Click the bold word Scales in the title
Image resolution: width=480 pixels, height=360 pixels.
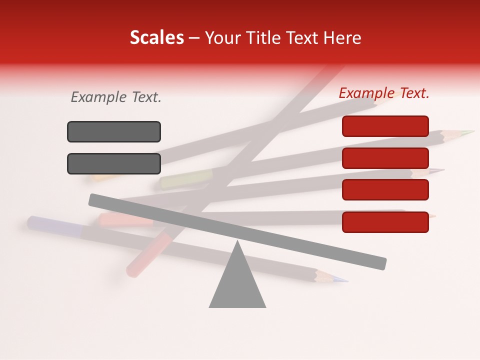click(156, 37)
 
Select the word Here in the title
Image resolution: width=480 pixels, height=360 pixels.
click(342, 38)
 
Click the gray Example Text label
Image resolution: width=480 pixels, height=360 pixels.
click(116, 97)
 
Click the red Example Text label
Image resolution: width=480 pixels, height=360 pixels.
click(384, 93)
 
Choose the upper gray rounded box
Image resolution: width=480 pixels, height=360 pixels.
click(114, 131)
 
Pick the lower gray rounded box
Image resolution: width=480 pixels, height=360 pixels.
click(114, 163)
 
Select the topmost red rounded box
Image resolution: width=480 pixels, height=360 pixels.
click(385, 126)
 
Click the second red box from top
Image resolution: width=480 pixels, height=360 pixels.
click(385, 158)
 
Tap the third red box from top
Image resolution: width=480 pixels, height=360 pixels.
click(385, 189)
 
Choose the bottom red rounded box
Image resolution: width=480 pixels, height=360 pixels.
click(385, 222)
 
